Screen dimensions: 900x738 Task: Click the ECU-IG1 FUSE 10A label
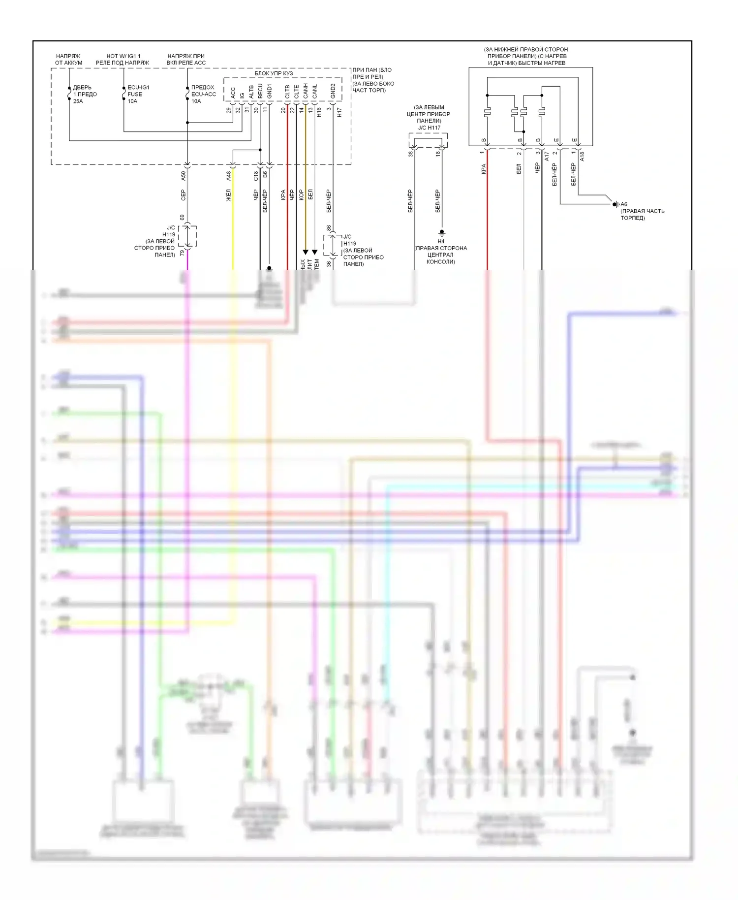coord(138,94)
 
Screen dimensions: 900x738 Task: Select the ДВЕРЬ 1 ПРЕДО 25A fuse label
coord(85,94)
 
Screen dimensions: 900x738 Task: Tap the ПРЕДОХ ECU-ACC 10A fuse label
coord(203,94)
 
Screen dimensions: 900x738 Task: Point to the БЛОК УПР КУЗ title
coord(274,73)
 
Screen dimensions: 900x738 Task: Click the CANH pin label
coord(306,91)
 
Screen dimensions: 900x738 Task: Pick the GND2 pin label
coord(333,91)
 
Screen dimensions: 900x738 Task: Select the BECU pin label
coord(260,91)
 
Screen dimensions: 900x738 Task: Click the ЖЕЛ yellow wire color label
coord(228,195)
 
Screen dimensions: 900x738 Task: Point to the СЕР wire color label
coord(184,195)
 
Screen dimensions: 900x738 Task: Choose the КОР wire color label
coord(301,194)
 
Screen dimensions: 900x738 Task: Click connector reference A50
coord(184,176)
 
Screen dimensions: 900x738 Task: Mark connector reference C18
coord(256,176)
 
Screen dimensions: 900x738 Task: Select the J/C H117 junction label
coord(429,128)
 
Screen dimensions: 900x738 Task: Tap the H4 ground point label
coord(441,241)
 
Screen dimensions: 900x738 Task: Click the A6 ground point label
coord(624,204)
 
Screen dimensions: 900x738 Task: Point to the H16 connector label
coord(319,113)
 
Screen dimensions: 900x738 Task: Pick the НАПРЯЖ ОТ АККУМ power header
coord(68,60)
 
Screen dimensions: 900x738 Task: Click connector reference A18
coord(582,157)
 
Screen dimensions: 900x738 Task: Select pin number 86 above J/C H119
coord(329,228)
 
